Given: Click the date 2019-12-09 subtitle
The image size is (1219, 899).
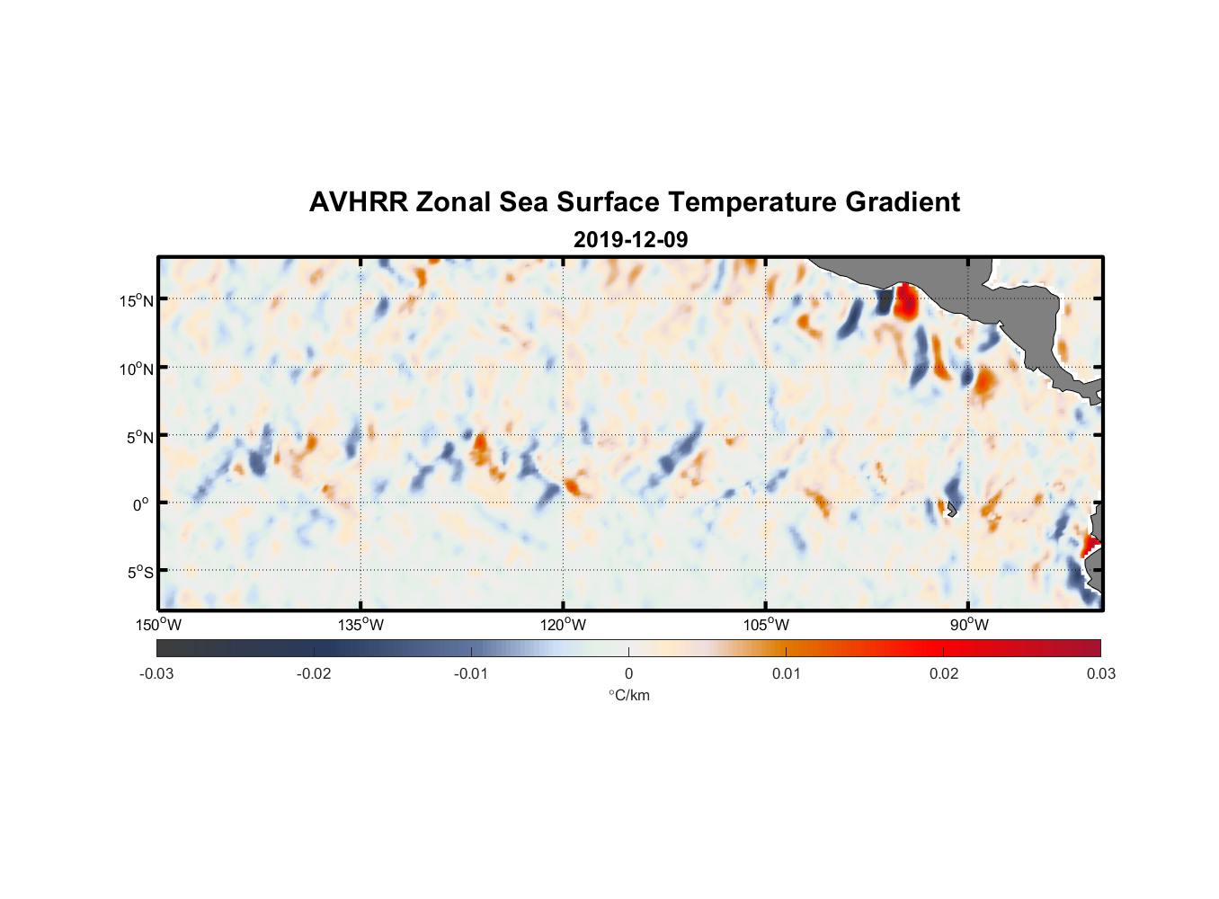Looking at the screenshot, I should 630,239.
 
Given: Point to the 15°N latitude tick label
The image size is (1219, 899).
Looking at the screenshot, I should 137,300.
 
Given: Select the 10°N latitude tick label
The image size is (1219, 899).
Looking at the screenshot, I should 137,369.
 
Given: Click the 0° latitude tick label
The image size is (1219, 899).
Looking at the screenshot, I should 141,504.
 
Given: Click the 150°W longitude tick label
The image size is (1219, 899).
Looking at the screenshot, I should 159,625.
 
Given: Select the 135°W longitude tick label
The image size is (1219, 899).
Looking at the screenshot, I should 361,625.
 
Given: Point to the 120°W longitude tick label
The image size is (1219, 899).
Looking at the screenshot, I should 564,625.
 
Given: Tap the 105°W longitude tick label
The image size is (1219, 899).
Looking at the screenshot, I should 766,625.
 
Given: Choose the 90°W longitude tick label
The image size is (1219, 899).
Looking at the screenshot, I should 969,625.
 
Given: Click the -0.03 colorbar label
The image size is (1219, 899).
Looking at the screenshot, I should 156,673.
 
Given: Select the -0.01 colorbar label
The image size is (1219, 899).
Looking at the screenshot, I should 471,673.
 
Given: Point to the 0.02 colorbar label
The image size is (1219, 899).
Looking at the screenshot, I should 944,673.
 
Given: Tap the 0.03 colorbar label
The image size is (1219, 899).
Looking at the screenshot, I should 1100,673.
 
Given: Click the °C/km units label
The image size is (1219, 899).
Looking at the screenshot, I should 628,695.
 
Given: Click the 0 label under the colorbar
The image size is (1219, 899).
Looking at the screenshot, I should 628,673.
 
